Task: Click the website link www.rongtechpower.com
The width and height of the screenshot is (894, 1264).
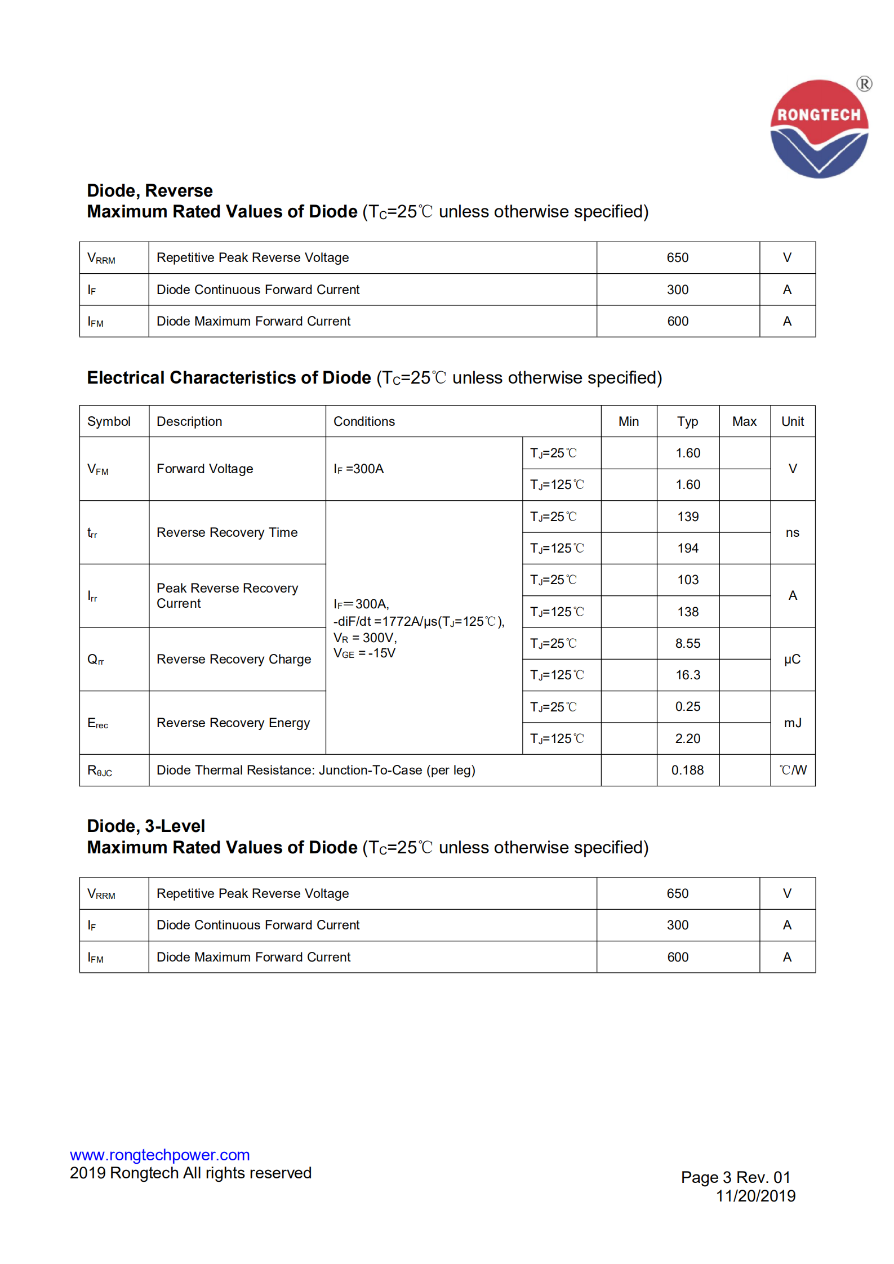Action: tap(159, 1155)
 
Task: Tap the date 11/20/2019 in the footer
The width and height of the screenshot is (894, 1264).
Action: tap(755, 1196)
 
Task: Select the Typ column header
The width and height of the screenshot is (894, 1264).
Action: tap(687, 421)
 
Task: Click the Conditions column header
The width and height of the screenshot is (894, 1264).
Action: tap(364, 421)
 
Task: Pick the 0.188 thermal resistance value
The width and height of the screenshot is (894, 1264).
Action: tap(687, 770)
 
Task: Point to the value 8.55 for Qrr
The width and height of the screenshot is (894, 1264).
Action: tap(687, 643)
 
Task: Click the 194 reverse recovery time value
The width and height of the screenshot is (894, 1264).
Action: tap(687, 548)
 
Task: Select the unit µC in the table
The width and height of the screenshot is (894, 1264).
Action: tap(792, 659)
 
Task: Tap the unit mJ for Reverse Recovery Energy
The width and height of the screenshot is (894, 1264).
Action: tap(792, 723)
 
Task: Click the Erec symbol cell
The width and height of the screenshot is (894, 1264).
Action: tap(97, 723)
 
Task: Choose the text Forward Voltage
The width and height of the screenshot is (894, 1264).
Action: tap(204, 469)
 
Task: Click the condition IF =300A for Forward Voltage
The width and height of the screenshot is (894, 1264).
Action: tap(358, 469)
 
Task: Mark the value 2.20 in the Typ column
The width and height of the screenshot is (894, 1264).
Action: tap(687, 738)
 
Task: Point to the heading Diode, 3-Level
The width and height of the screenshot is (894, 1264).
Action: tap(146, 826)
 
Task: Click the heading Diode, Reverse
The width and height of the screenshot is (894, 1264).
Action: tap(150, 190)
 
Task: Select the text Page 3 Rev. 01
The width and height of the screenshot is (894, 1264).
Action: tap(735, 1177)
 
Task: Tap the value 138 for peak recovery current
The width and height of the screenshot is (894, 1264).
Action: tap(687, 612)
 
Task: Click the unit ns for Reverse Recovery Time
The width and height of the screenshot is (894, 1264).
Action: tap(792, 532)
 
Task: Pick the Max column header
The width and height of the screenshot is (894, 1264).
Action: tap(744, 421)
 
